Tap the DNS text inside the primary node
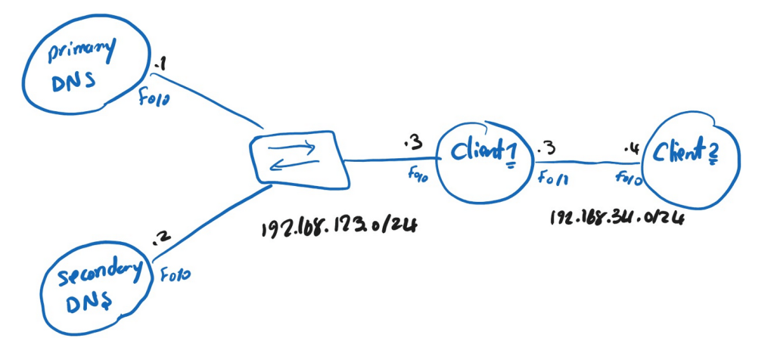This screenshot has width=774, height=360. tap(74, 81)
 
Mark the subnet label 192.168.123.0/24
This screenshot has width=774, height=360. tap(340, 228)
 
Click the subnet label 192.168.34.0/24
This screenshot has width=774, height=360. tap(618, 219)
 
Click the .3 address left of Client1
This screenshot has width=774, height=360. tap(412, 142)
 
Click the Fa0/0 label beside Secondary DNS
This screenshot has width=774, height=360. tap(175, 273)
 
